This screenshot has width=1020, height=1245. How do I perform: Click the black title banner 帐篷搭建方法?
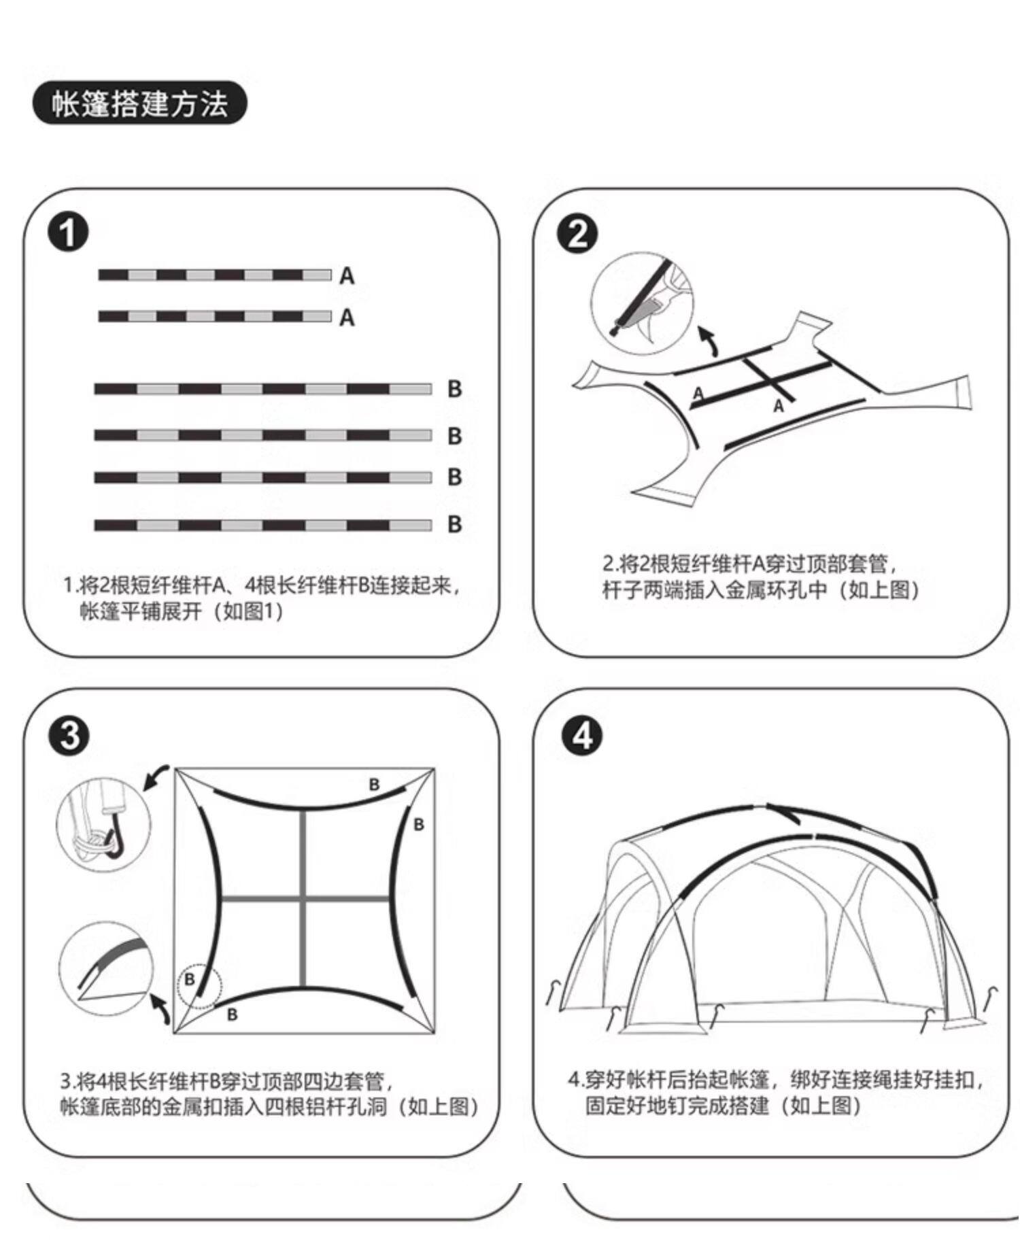(x=139, y=103)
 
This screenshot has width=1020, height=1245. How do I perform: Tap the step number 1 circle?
(x=68, y=232)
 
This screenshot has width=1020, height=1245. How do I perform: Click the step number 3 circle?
(x=68, y=736)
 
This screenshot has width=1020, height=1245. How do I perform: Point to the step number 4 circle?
(x=582, y=736)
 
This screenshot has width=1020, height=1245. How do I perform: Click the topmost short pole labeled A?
(x=215, y=275)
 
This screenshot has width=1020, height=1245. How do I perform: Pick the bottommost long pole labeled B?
(x=262, y=525)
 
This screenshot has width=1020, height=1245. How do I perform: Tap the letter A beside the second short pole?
(x=347, y=318)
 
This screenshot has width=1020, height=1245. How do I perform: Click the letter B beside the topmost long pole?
(x=455, y=389)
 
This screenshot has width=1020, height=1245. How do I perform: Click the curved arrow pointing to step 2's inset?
(x=709, y=341)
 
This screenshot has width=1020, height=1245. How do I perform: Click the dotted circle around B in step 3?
(x=199, y=984)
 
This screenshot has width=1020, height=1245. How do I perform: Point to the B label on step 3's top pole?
(x=374, y=785)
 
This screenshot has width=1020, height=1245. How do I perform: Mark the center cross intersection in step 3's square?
(x=304, y=899)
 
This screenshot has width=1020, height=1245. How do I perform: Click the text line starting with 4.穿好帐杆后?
(x=775, y=1079)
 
